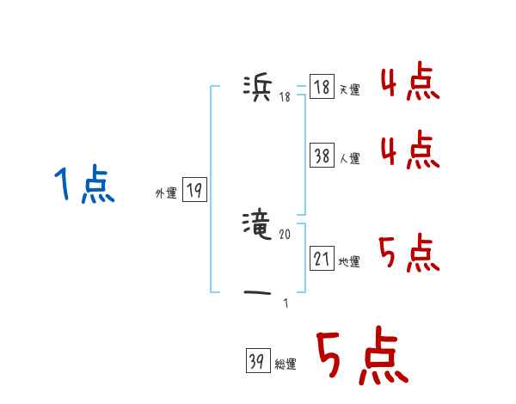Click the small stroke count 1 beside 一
click(x=286, y=303)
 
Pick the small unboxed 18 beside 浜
click(x=285, y=96)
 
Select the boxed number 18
click(x=322, y=88)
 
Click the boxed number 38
click(x=322, y=156)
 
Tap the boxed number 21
click(x=322, y=258)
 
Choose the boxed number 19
click(x=194, y=191)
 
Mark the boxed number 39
click(x=257, y=362)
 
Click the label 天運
click(x=349, y=90)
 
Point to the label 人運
click(x=349, y=158)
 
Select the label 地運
click(x=349, y=261)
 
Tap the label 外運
click(x=166, y=193)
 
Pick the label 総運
click(x=286, y=364)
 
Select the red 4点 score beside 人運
click(x=409, y=151)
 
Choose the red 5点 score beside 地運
click(x=409, y=253)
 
